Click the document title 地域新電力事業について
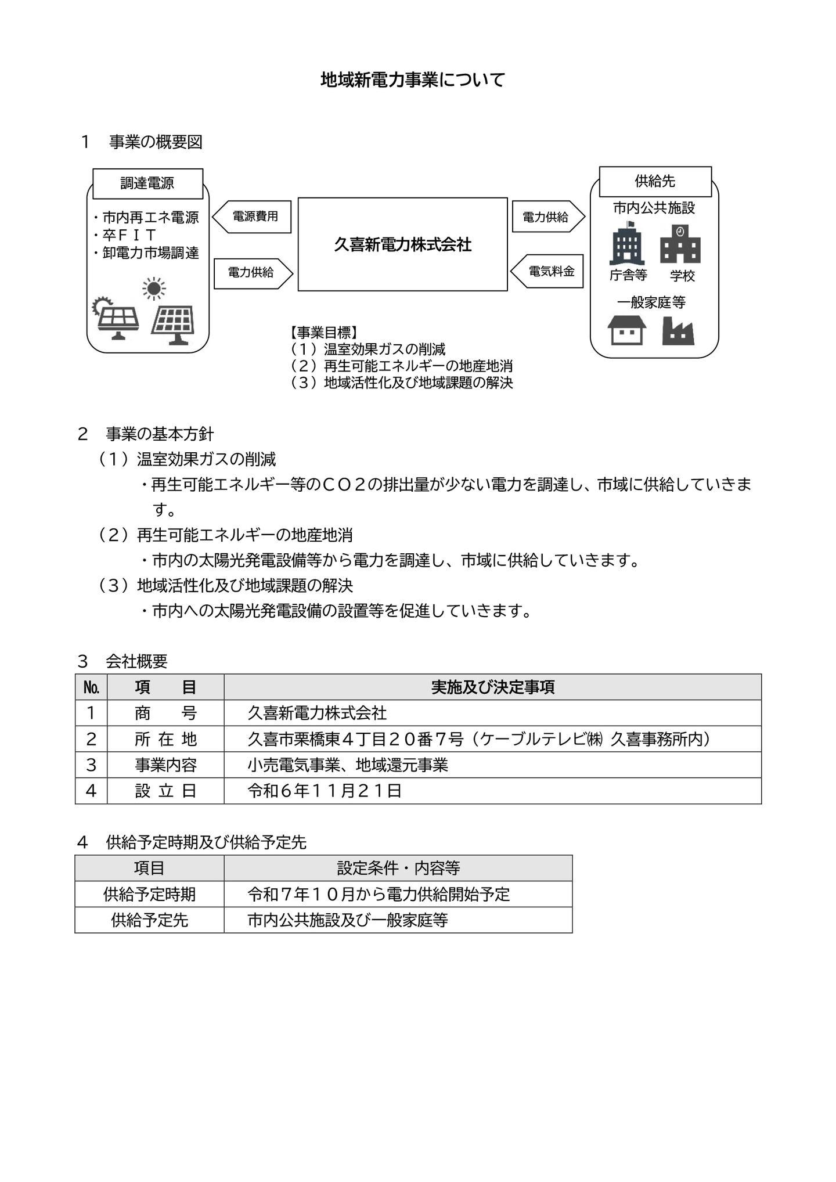pyautogui.click(x=413, y=80)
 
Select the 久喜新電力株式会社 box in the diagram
pyautogui.click(x=402, y=244)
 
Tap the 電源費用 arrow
pyautogui.click(x=254, y=217)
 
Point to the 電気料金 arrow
pyautogui.click(x=549, y=271)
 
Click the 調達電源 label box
pyautogui.click(x=147, y=183)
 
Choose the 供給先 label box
pyautogui.click(x=655, y=181)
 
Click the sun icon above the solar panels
pyautogui.click(x=153, y=289)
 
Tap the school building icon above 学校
pyautogui.click(x=680, y=244)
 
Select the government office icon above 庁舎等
pyautogui.click(x=627, y=244)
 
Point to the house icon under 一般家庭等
pyautogui.click(x=626, y=330)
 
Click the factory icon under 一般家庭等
pyautogui.click(x=678, y=331)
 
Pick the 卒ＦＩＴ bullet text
pyautogui.click(x=129, y=235)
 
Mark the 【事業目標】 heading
pyautogui.click(x=323, y=333)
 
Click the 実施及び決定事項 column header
pyautogui.click(x=492, y=687)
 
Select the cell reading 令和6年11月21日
pyautogui.click(x=325, y=791)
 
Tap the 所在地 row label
pyautogui.click(x=165, y=739)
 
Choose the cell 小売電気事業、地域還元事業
pyautogui.click(x=348, y=765)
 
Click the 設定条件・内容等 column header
pyautogui.click(x=398, y=868)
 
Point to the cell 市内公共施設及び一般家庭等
pyautogui.click(x=348, y=920)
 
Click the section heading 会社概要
pyautogui.click(x=136, y=661)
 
